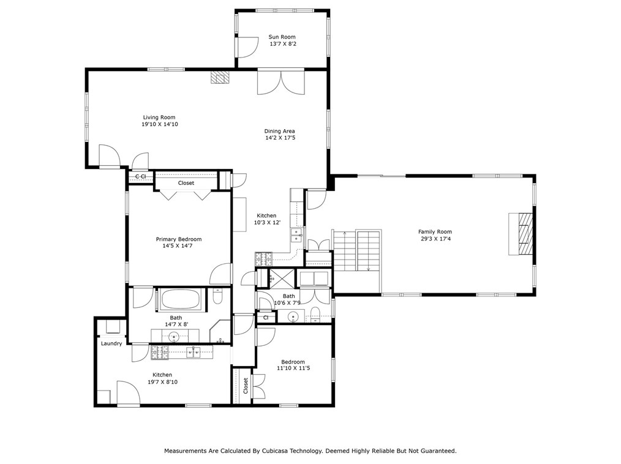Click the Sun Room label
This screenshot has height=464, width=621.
coord(282,37)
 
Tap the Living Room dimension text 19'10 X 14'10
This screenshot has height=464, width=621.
coord(160,124)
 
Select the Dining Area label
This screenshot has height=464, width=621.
coord(280,131)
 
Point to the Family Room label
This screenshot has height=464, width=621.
coord(435,231)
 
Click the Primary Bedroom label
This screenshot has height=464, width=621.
coord(179,239)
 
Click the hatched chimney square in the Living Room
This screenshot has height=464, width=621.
coord(220,77)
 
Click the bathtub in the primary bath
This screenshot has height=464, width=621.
coord(181,299)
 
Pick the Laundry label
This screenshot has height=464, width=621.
coord(111,343)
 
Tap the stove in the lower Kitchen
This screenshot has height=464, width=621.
coord(160,353)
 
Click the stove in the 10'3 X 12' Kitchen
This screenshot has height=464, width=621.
coord(264,259)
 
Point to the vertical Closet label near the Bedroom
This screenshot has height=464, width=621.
coord(245,386)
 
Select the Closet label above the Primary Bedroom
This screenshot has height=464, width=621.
coord(186,183)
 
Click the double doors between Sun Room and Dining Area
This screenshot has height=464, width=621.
coord(281,83)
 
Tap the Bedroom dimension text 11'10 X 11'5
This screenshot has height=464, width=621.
coord(293,368)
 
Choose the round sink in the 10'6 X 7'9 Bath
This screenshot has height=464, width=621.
coord(293,316)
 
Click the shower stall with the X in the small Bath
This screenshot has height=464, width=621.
coord(281,277)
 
